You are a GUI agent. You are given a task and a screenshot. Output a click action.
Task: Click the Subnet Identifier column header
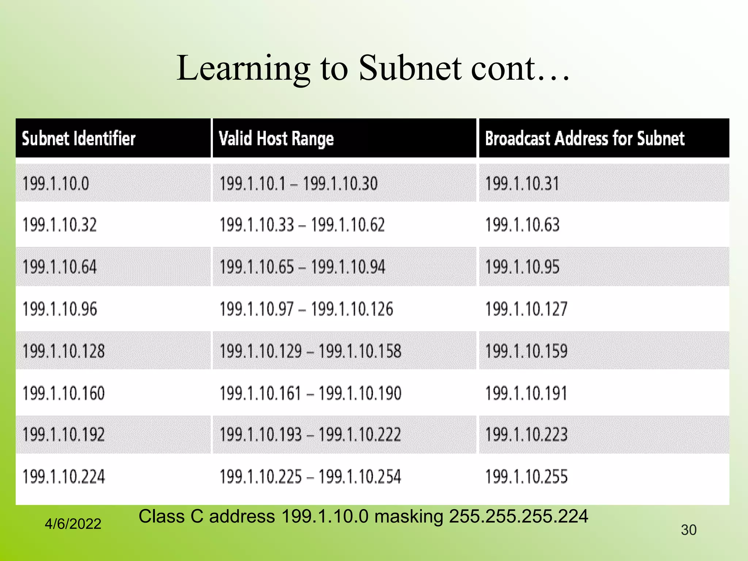coord(79,139)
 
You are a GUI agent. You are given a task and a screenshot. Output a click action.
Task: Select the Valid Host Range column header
coord(276,139)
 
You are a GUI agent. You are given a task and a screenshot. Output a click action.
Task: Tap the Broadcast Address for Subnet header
coord(584,139)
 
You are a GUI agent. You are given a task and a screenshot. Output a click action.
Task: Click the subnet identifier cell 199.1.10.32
coord(60,225)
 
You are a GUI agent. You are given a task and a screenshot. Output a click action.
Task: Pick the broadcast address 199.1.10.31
coord(522,183)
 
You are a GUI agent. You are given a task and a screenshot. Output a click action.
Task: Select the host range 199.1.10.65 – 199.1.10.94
coord(302,267)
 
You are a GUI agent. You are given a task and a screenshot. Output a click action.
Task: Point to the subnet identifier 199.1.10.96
coord(60,309)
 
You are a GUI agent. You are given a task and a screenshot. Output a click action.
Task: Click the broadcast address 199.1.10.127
coord(526,309)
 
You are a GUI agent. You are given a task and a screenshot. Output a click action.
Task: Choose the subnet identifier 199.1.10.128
coord(64,351)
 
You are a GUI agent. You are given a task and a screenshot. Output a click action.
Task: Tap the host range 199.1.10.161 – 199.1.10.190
coord(310,393)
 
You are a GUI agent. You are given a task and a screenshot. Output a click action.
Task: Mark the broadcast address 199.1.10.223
coord(526,435)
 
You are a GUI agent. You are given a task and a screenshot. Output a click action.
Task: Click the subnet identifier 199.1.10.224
coord(64,477)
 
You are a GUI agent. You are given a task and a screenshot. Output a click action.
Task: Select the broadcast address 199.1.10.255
coord(526,477)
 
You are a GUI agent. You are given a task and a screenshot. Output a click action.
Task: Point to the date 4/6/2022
coord(73,524)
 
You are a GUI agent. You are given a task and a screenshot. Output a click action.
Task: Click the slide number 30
coord(688,530)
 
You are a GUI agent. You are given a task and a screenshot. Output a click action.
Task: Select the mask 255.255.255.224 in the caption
coord(518,516)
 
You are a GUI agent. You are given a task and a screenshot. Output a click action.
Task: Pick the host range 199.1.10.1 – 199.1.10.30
coord(298,183)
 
